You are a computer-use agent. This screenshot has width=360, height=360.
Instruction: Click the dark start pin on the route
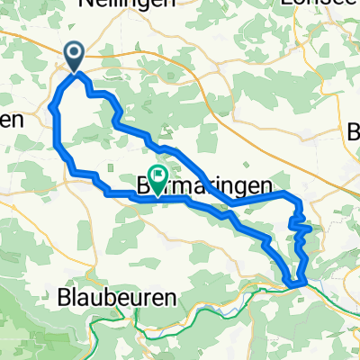[x=74, y=58]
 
